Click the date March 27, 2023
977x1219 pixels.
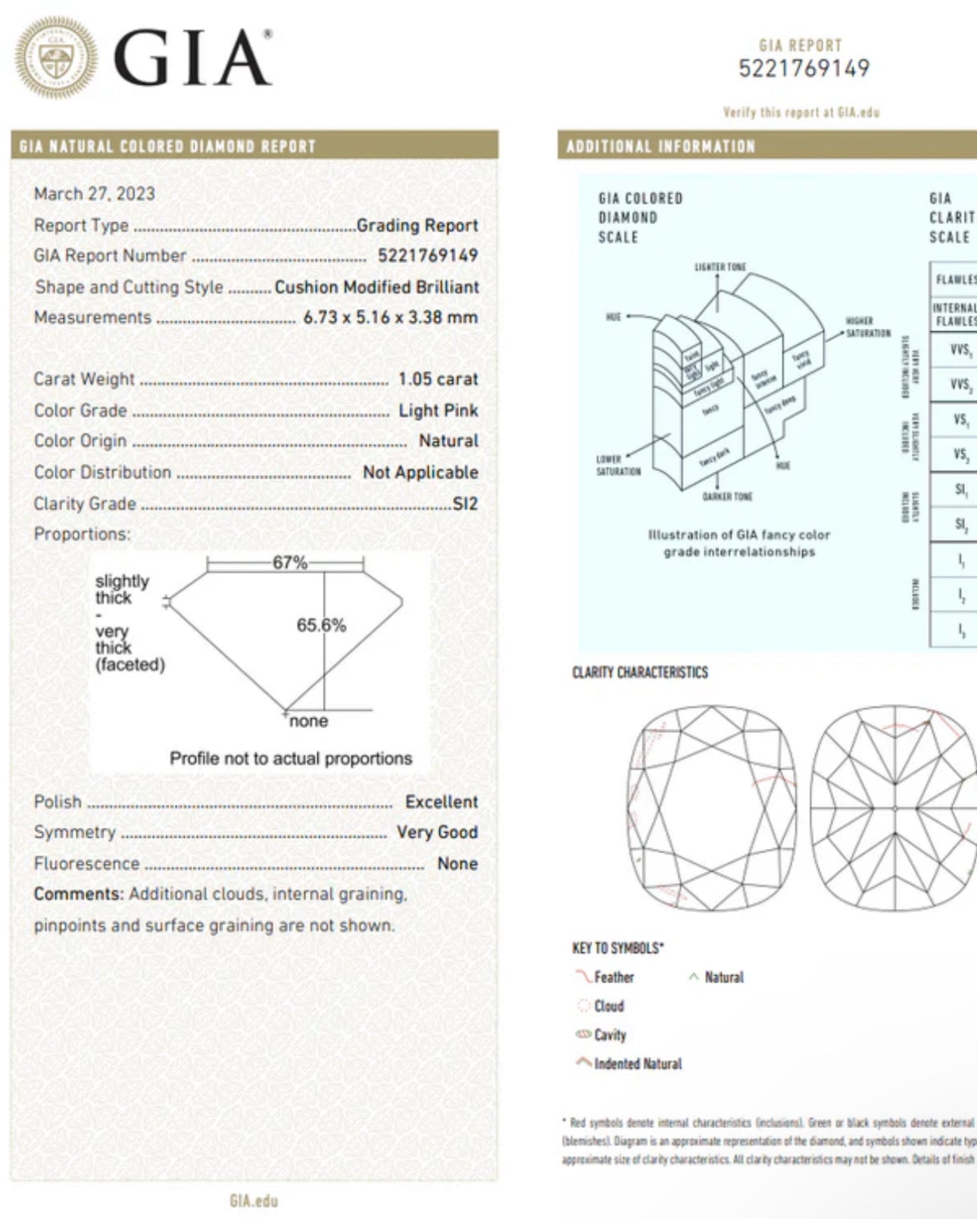coord(94,194)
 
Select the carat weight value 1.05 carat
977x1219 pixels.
coord(438,379)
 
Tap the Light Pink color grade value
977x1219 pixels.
coord(438,411)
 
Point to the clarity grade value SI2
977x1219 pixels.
coord(465,504)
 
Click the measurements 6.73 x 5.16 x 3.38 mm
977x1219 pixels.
coord(390,317)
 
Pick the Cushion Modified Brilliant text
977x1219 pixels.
coord(376,287)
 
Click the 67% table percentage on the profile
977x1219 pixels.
coord(290,563)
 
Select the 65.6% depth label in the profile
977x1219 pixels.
coord(321,625)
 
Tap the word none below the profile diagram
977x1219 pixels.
coord(309,721)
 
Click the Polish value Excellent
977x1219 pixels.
coord(441,802)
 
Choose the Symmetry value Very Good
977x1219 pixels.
coord(437,832)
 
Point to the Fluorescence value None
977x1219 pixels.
coord(457,864)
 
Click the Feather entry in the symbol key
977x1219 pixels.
coord(613,977)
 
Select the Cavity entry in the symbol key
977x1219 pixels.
coord(610,1035)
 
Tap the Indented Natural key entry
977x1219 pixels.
coord(637,1064)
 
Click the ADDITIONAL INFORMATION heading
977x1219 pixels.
coord(660,146)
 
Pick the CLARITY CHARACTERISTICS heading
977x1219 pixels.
coord(640,673)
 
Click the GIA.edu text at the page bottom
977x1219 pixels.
coord(254,1201)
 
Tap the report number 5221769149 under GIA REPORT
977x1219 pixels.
coord(804,69)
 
